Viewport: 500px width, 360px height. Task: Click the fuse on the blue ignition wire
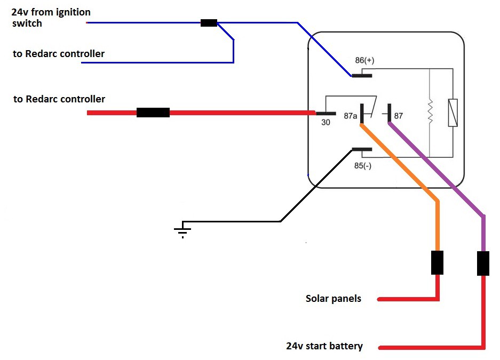[209, 23]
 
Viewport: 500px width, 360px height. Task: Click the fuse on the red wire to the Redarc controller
[153, 113]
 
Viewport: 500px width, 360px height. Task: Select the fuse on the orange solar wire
[437, 262]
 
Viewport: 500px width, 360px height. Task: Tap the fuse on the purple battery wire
[483, 263]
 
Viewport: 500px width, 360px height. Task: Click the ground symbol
[182, 230]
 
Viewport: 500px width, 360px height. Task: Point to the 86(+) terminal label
[364, 60]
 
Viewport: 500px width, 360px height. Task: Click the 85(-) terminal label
[364, 166]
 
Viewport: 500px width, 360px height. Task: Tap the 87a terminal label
[351, 115]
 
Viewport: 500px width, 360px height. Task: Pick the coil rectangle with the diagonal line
[453, 113]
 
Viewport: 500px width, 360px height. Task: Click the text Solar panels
[333, 299]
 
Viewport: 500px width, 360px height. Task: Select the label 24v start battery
[324, 346]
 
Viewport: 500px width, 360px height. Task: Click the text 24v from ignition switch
[51, 18]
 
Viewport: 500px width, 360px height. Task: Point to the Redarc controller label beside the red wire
[59, 99]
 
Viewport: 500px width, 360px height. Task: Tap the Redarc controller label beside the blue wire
[59, 54]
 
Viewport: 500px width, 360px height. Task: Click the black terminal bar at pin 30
[326, 113]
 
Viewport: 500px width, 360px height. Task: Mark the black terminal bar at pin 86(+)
[362, 75]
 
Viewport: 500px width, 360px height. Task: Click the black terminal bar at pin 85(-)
[362, 149]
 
